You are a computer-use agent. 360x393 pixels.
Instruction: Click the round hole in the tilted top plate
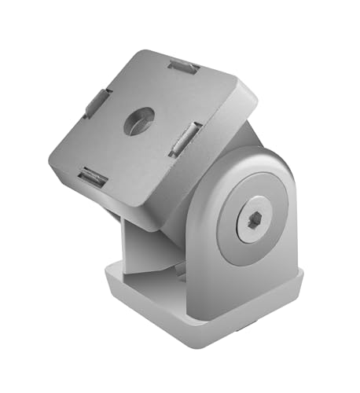coord(141,120)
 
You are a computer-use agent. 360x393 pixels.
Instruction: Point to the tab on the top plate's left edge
coord(97,103)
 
